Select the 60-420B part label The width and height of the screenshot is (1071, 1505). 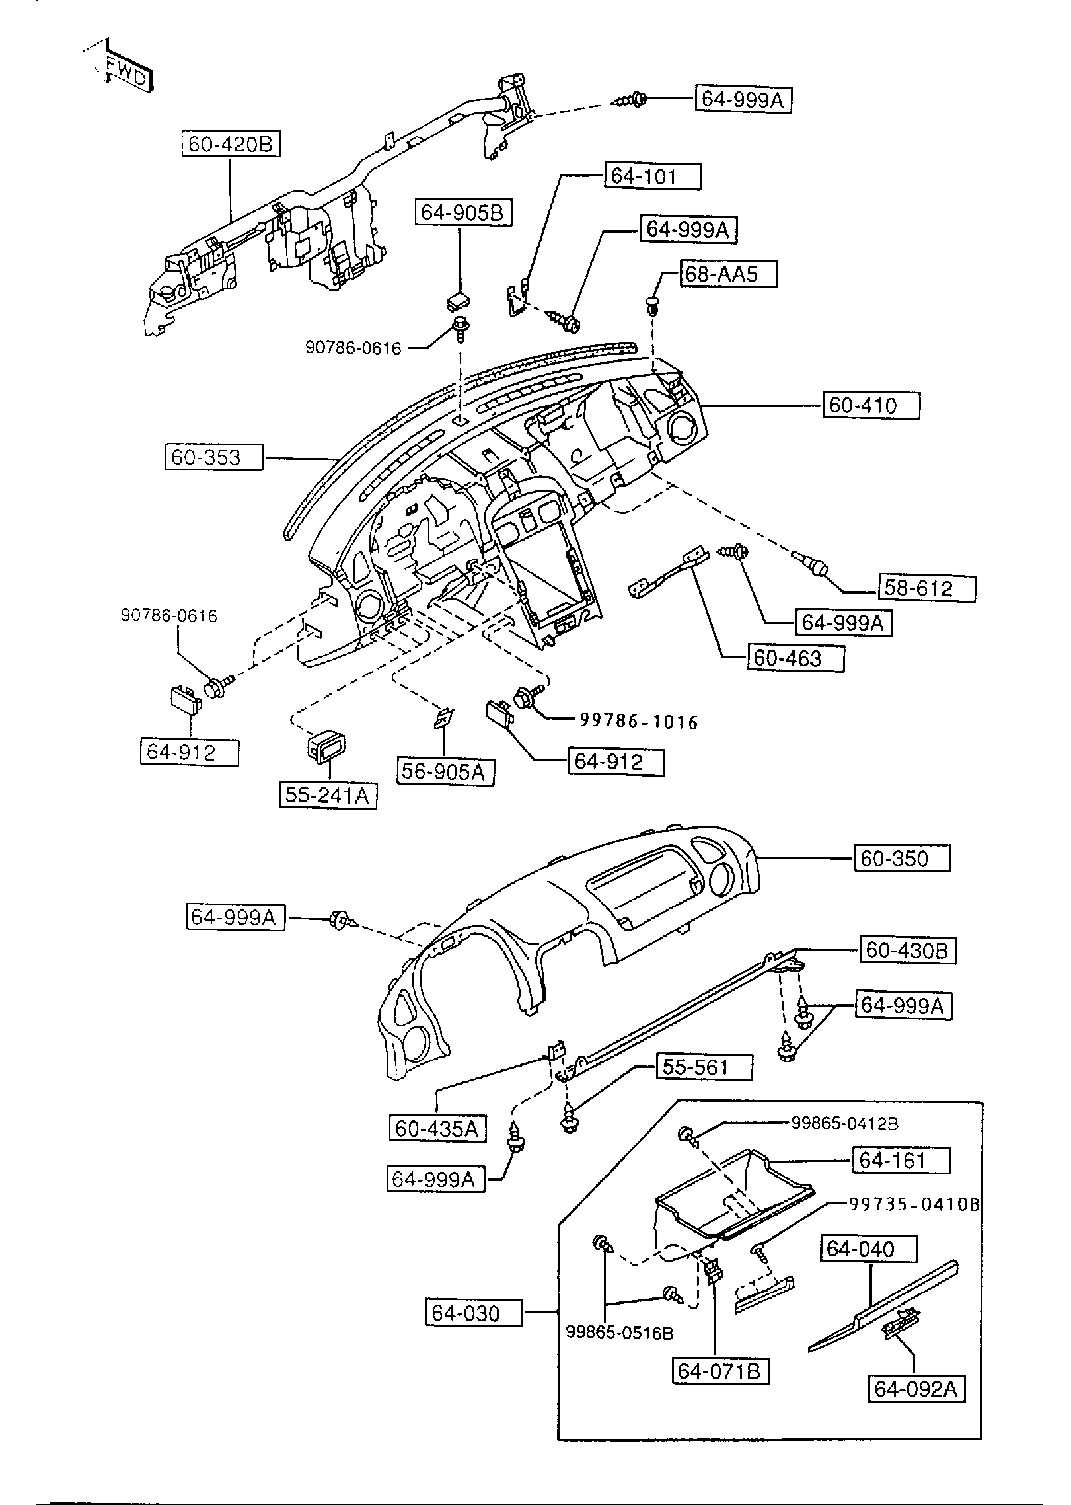[x=231, y=144]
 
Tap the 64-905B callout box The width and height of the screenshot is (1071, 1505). [x=463, y=213]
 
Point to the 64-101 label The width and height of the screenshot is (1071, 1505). [x=651, y=176]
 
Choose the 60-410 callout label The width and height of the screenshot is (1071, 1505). [x=870, y=405]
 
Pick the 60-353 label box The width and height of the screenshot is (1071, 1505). [x=213, y=457]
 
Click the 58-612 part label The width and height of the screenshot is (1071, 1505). [x=926, y=588]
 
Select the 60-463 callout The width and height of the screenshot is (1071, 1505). [x=795, y=658]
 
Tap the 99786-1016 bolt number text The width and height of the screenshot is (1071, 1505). [x=638, y=722]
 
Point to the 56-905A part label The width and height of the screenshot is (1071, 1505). [x=445, y=771]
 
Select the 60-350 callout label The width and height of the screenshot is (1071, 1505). [x=901, y=859]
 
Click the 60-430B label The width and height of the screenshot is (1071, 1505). [x=906, y=951]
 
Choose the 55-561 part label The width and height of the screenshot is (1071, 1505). [x=703, y=1067]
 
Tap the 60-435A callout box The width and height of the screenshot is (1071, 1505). [x=437, y=1128]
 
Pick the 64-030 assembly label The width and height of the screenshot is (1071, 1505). [x=473, y=1313]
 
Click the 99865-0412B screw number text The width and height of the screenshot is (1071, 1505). [x=844, y=1123]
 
